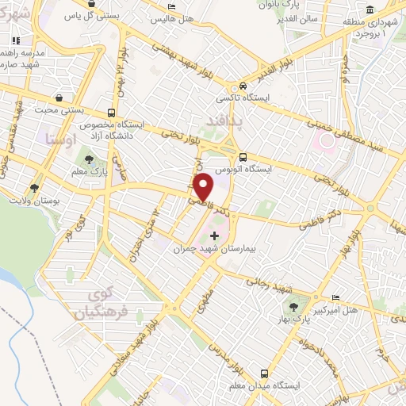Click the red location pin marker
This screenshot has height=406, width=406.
click(x=203, y=187)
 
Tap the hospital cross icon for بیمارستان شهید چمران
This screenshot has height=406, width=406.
click(x=213, y=236)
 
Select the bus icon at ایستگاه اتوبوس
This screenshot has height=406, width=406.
click(x=243, y=156)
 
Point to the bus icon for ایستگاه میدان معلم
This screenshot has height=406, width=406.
click(x=264, y=373)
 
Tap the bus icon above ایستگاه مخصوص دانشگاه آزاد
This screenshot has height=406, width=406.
click(x=111, y=112)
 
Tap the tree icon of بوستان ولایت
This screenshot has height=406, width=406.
click(x=34, y=188)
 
